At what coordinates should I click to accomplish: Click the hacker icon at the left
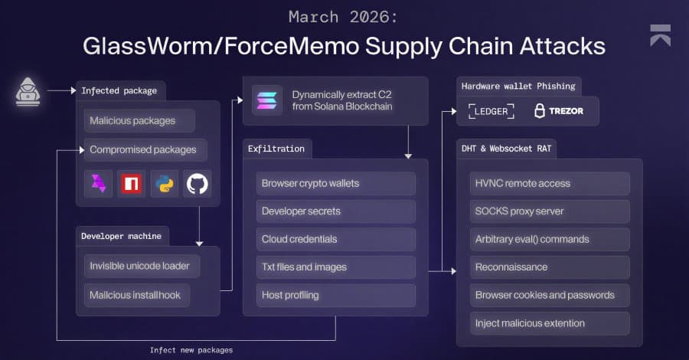(x=28, y=91)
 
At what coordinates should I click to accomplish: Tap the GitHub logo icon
(x=198, y=184)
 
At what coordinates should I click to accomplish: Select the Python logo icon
(x=165, y=184)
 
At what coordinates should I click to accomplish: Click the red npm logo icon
(x=132, y=184)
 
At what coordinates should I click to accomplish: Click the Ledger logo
(x=491, y=111)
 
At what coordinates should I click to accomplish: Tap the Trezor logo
(x=559, y=111)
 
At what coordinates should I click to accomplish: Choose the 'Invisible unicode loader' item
(x=142, y=266)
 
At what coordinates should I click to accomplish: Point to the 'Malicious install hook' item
(x=138, y=294)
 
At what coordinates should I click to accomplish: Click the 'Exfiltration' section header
(x=276, y=148)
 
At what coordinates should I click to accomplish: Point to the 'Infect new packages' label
(x=191, y=350)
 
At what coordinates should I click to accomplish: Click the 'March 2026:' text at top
(x=344, y=16)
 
